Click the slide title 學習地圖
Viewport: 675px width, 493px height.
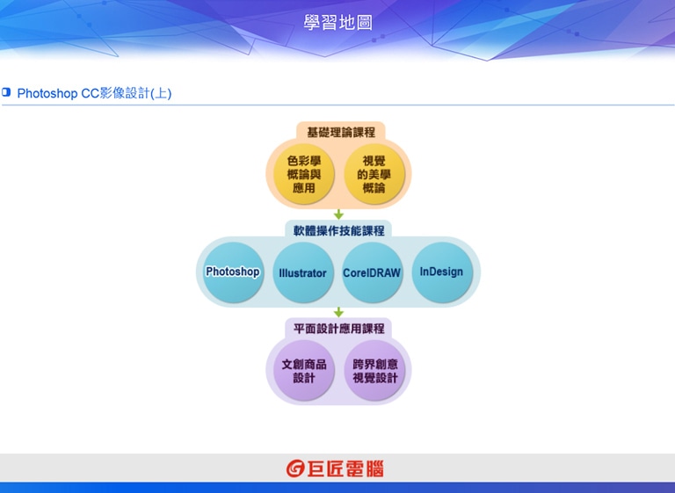pos(337,23)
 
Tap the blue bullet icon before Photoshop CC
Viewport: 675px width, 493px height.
pos(6,91)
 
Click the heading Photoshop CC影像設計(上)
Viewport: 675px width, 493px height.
pos(94,93)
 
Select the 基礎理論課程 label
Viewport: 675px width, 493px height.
pos(340,132)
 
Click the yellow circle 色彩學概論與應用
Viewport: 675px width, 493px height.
pos(304,174)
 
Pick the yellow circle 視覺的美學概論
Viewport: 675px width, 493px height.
pos(374,174)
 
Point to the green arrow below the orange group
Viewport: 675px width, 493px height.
pos(338,214)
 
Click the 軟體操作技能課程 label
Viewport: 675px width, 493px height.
pos(338,231)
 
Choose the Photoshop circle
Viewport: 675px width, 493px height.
pos(233,272)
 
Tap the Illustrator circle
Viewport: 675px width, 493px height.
pos(302,272)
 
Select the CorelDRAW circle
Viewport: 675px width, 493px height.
pos(372,272)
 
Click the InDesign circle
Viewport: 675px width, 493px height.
pos(442,272)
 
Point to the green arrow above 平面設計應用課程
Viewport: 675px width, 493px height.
pos(338,312)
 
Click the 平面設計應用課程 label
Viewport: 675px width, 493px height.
pos(338,329)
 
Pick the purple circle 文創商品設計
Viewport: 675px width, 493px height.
pos(304,370)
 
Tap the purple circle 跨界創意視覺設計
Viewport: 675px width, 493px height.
pos(374,370)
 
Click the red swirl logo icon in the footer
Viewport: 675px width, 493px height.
pos(295,468)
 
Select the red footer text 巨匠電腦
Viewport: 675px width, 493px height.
pos(345,469)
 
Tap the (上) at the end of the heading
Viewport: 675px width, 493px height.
pos(161,93)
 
